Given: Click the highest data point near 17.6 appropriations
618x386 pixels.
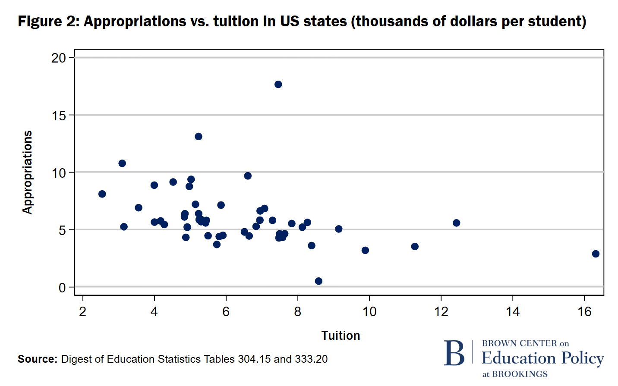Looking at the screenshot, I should click(x=278, y=84).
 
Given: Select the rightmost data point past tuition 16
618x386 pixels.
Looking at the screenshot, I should click(x=596, y=254).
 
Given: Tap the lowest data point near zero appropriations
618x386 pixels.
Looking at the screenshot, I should click(x=318, y=281).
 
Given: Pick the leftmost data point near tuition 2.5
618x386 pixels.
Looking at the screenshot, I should click(x=102, y=194).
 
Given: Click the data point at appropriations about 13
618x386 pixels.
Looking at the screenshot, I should click(x=199, y=137).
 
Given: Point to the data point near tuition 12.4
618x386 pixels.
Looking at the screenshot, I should click(x=456, y=223).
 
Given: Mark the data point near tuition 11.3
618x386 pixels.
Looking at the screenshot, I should click(x=415, y=246).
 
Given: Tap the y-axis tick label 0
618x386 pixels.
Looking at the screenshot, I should click(x=62, y=288).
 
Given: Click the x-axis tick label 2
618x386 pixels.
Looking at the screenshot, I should click(x=82, y=311).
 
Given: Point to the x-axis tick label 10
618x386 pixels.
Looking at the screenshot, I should click(x=369, y=311).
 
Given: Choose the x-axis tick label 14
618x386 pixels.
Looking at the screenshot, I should click(x=513, y=311).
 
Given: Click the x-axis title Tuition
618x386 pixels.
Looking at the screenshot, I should click(x=341, y=336).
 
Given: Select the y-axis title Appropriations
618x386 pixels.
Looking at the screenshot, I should click(x=28, y=172).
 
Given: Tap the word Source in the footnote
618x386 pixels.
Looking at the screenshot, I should click(x=37, y=359).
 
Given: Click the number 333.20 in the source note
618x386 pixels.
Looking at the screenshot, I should click(x=311, y=359).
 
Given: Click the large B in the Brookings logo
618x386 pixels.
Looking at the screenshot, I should click(x=454, y=353).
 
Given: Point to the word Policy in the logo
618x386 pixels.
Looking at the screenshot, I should click(x=582, y=358).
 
